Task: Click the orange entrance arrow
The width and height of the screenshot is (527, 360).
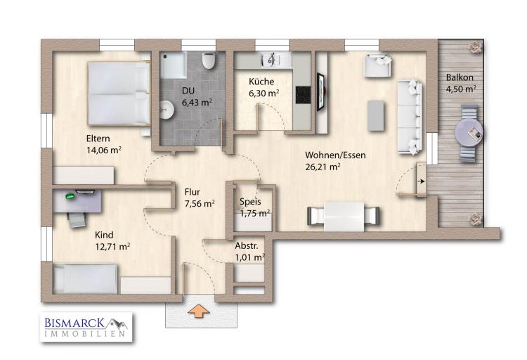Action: pos(199,311)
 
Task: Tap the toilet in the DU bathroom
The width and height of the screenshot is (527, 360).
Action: pos(209,60)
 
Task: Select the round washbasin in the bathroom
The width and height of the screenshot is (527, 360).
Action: pos(166,110)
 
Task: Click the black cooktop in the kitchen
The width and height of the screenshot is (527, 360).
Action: pos(303,95)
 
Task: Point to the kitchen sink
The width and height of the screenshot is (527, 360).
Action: pos(271,60)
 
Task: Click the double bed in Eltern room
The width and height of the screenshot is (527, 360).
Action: pos(119,94)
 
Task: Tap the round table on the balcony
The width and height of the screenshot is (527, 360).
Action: pos(469,133)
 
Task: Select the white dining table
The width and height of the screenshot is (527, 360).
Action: pos(344,216)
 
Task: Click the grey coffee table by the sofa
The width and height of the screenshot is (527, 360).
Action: pos(376,115)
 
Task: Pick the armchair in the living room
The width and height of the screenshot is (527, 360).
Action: pos(378,65)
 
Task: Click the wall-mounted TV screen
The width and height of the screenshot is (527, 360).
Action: pos(320,91)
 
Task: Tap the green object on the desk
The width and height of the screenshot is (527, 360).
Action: pos(70,195)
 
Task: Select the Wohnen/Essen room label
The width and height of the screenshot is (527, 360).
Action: pos(335,155)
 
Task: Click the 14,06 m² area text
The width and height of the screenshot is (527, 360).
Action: pos(104,150)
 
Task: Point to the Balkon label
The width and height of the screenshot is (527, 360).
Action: pos(460,77)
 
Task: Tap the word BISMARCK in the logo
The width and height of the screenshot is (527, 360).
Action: pos(74,323)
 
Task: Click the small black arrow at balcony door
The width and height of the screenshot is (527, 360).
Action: pos(421,181)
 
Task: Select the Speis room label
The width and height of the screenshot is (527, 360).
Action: pos(250,202)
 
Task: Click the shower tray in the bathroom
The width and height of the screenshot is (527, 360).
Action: pos(173,65)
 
